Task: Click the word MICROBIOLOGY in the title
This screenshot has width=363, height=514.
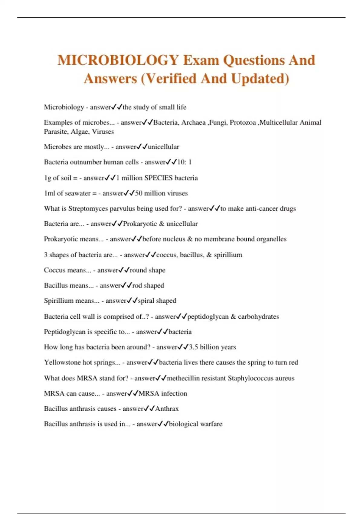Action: click(x=118, y=60)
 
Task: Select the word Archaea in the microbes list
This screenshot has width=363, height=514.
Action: click(x=193, y=122)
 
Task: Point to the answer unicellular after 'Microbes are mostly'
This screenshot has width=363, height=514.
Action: click(x=163, y=147)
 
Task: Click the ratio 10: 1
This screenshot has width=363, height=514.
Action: click(x=184, y=162)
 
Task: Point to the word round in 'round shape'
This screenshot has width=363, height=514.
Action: click(x=138, y=270)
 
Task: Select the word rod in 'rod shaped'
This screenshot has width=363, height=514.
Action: click(x=137, y=285)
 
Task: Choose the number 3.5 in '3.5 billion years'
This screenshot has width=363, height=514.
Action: click(x=193, y=347)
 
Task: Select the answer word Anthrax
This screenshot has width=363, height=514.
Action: click(x=167, y=409)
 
